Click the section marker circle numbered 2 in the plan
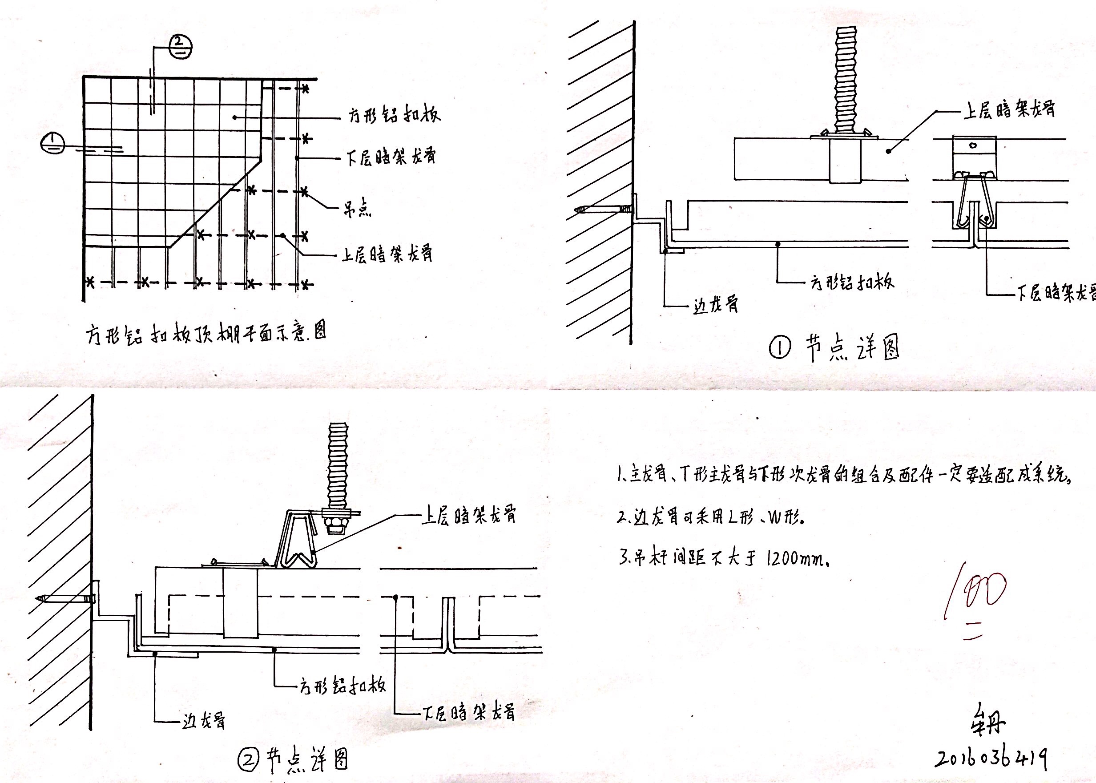(180, 47)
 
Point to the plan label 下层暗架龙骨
(391, 157)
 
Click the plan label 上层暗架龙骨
(387, 254)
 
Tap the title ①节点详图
(834, 348)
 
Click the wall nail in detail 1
(602, 210)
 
